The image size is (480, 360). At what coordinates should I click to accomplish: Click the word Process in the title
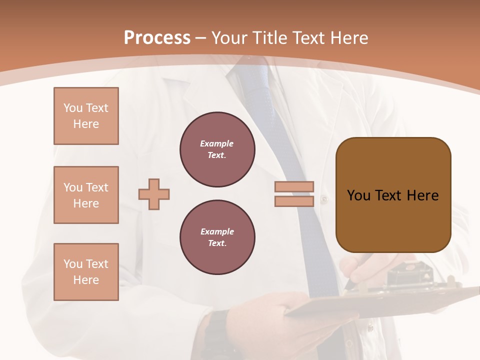pyautogui.click(x=157, y=38)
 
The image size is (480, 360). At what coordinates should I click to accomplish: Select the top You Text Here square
pyautogui.click(x=86, y=116)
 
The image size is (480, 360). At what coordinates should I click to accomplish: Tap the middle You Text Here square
pyautogui.click(x=86, y=195)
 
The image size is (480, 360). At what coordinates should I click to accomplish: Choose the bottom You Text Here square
pyautogui.click(x=86, y=272)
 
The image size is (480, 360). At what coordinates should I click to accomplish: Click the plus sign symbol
pyautogui.click(x=154, y=194)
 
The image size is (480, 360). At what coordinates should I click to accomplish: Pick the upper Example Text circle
pyautogui.click(x=217, y=149)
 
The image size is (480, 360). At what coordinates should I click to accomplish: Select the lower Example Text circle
pyautogui.click(x=217, y=237)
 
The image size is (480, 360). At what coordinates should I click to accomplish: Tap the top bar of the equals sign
pyautogui.click(x=294, y=186)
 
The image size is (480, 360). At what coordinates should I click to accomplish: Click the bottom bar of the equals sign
pyautogui.click(x=294, y=201)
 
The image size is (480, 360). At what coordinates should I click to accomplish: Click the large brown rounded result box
pyautogui.click(x=393, y=195)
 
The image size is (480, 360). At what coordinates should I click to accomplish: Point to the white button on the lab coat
pyautogui.click(x=324, y=199)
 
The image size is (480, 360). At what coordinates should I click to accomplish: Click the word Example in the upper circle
pyautogui.click(x=216, y=143)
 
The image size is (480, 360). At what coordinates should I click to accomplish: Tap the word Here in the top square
pyautogui.click(x=86, y=124)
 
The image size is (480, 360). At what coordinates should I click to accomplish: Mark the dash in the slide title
pyautogui.click(x=201, y=38)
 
